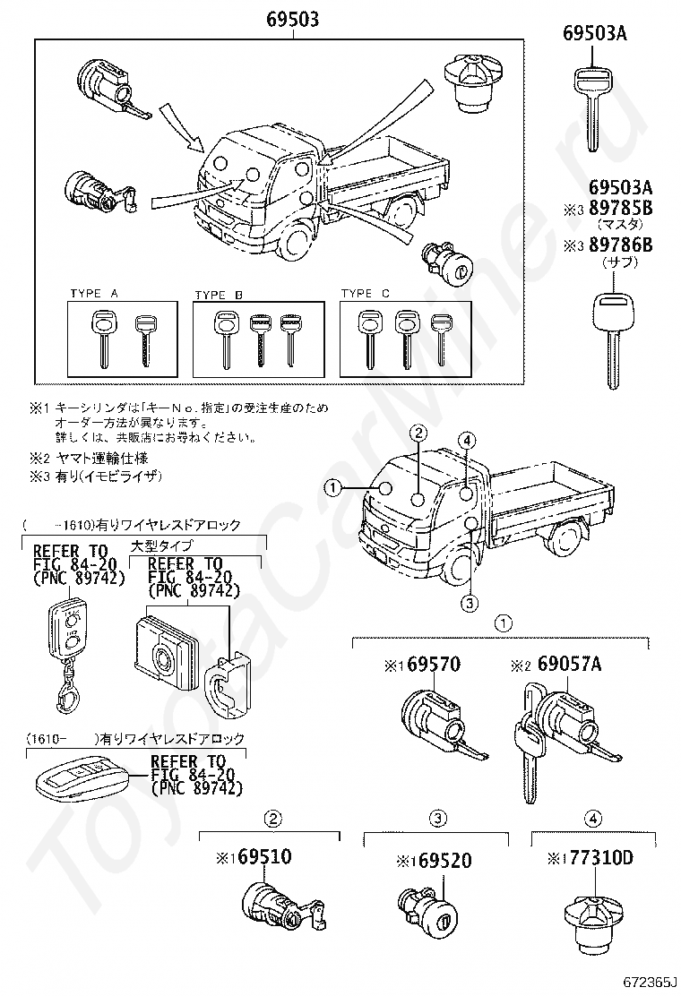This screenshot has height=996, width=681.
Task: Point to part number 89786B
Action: tap(620, 246)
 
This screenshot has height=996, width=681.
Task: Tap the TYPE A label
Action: tap(95, 294)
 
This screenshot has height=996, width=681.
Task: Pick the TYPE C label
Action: tap(365, 294)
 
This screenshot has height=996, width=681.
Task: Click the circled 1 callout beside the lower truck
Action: tap(332, 488)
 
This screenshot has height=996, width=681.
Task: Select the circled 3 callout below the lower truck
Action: tap(470, 603)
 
